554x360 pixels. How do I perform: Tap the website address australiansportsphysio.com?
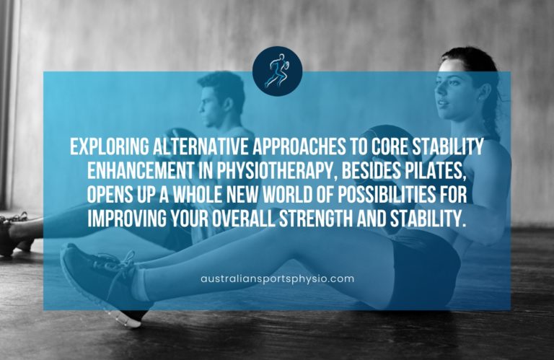click(277, 278)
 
